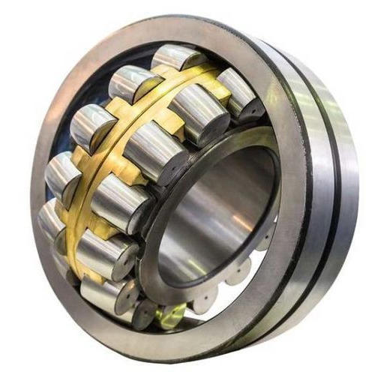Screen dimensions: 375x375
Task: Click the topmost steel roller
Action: (176, 58)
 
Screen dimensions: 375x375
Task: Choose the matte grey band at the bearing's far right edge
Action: (349, 187)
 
